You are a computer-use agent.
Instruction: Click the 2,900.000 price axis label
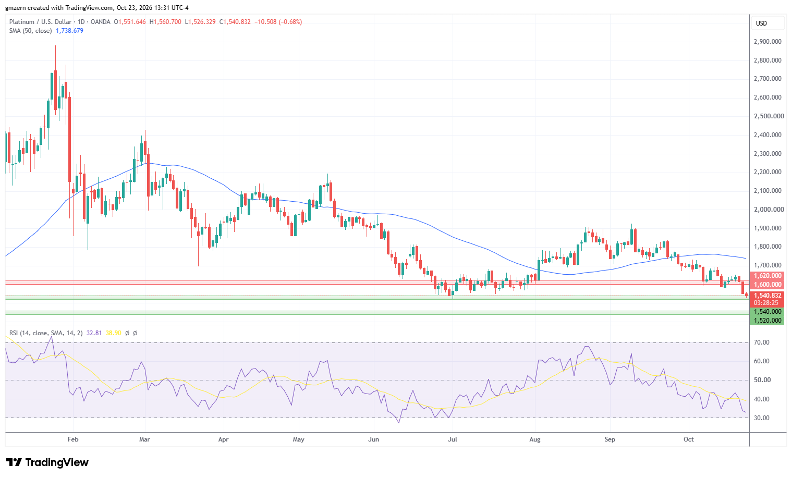click(x=767, y=42)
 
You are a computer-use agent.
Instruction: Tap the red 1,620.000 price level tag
click(x=767, y=276)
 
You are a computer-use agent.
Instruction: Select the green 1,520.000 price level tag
click(x=767, y=321)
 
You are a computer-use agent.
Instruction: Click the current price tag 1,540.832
click(x=767, y=296)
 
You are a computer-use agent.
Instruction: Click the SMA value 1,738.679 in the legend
click(x=70, y=31)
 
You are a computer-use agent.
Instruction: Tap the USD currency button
click(x=762, y=23)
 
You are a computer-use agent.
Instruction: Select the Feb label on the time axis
click(x=73, y=439)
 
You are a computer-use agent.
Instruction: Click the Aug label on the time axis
click(x=535, y=439)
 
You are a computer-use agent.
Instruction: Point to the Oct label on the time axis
click(x=689, y=439)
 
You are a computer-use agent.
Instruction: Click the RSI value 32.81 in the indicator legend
click(x=94, y=333)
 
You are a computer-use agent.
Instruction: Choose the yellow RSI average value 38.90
click(x=113, y=333)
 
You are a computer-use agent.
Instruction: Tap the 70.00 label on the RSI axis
click(x=762, y=342)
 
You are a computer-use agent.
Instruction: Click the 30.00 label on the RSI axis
click(x=762, y=418)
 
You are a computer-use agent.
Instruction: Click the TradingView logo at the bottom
click(x=47, y=462)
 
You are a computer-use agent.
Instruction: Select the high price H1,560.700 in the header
click(x=165, y=22)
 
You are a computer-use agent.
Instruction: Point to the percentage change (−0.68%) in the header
click(x=290, y=22)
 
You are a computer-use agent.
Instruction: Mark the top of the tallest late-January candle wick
click(x=55, y=45)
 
